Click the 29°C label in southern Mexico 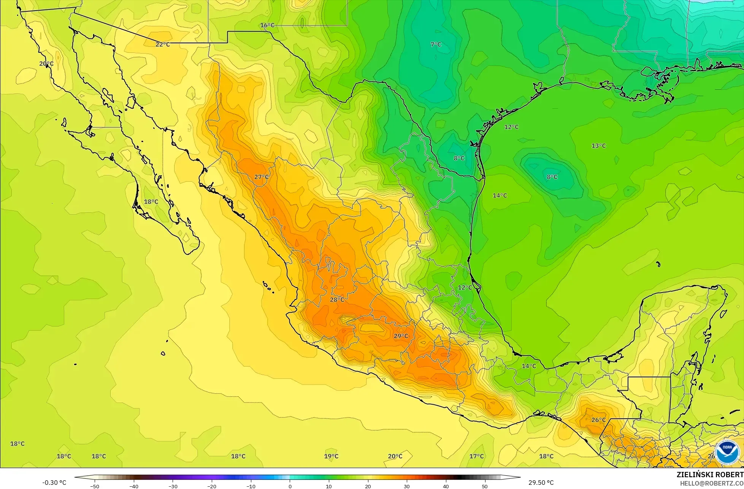pos(401,336)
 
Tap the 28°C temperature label pos(337,299)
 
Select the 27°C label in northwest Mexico pos(262,177)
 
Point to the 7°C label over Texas pos(436,44)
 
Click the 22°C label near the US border pos(163,44)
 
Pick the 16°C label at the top pos(267,25)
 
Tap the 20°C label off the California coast pos(46,63)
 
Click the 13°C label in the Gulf pos(598,146)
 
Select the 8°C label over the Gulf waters pos(552,177)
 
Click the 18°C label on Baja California pos(151,202)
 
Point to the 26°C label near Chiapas pos(598,419)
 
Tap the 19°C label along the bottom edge pos(331,456)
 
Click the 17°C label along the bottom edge pos(476,456)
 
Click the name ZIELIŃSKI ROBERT pos(710,475)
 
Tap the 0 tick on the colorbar pos(290,486)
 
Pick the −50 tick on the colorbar pos(95,486)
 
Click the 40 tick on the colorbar pos(446,486)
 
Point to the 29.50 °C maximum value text pos(541,483)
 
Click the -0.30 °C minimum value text pos(54,483)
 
